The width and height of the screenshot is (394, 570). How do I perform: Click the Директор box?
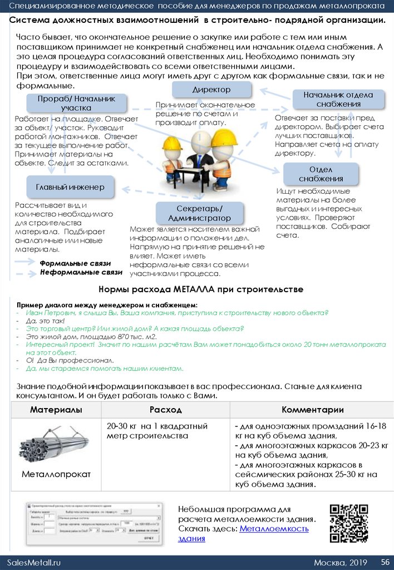[x=211, y=90]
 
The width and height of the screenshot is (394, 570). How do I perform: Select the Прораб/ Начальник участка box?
[x=76, y=103]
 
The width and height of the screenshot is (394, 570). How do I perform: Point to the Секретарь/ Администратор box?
[x=199, y=214]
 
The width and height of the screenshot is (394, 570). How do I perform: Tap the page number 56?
[x=385, y=562]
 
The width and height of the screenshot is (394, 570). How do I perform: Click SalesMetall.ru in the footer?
[x=33, y=562]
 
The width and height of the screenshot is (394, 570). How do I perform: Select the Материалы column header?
[x=56, y=410]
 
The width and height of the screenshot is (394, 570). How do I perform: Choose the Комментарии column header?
[x=312, y=410]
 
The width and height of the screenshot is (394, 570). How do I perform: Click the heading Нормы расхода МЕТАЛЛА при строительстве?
[x=201, y=289]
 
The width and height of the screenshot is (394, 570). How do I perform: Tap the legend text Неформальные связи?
[x=81, y=273]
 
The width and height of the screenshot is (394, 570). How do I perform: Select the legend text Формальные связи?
[x=75, y=263]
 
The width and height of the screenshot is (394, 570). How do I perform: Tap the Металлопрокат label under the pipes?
[x=56, y=475]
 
